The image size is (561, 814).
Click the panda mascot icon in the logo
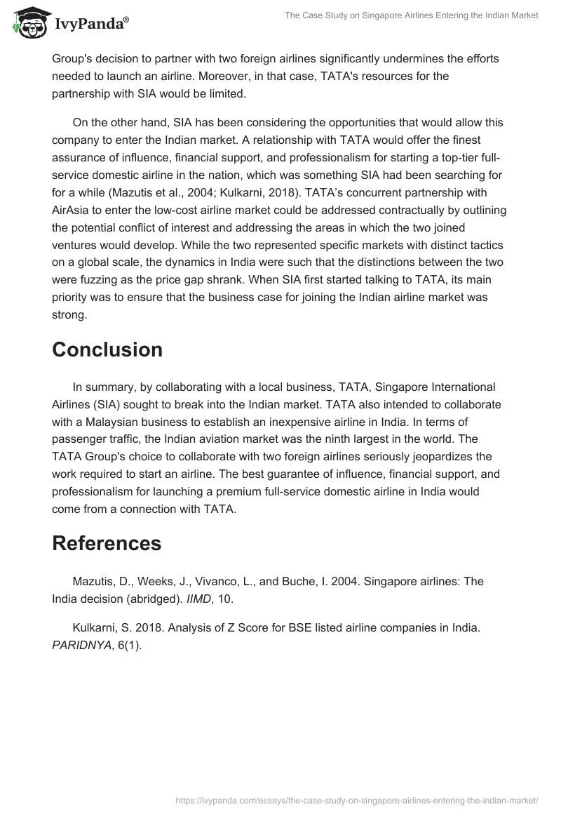point(28,24)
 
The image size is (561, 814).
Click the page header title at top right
point(411,15)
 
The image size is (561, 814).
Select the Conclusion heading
point(107,349)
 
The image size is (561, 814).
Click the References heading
point(107,543)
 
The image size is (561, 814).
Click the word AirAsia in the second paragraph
point(76,210)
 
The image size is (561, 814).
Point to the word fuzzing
point(98,279)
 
